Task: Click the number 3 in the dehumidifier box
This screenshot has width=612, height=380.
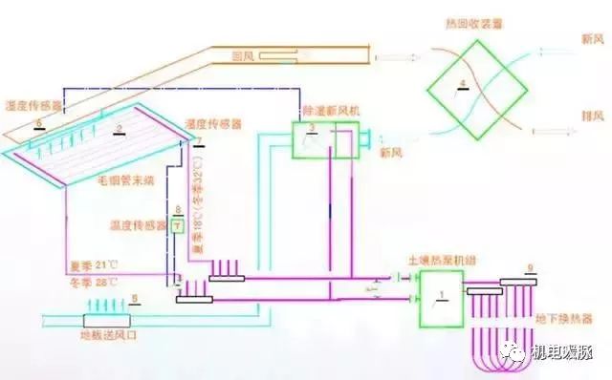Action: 311,129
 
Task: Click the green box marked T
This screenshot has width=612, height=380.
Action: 177,226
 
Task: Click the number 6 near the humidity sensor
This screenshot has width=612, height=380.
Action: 37,125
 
